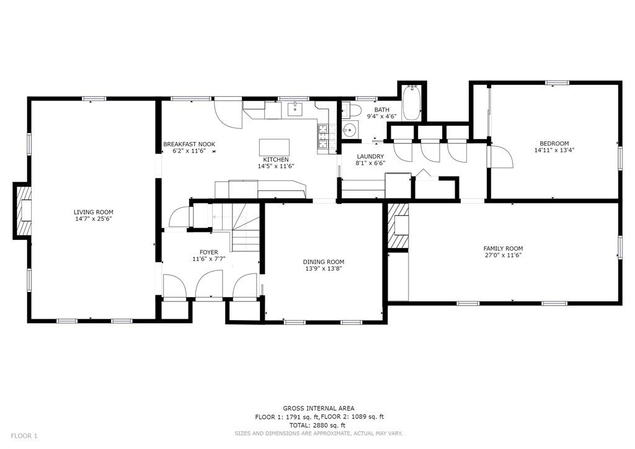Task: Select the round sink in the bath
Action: click(x=350, y=130)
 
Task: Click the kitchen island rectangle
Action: click(x=274, y=147)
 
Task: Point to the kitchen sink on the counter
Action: click(x=295, y=112)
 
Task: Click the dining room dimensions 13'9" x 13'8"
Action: click(x=323, y=269)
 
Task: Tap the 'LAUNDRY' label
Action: click(x=370, y=156)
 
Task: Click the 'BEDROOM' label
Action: click(x=554, y=143)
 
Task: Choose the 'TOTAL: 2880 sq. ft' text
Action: click(x=319, y=425)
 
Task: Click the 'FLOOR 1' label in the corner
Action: click(x=24, y=436)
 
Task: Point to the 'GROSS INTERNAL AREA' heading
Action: click(x=319, y=408)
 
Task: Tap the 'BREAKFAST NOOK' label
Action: click(x=189, y=144)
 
